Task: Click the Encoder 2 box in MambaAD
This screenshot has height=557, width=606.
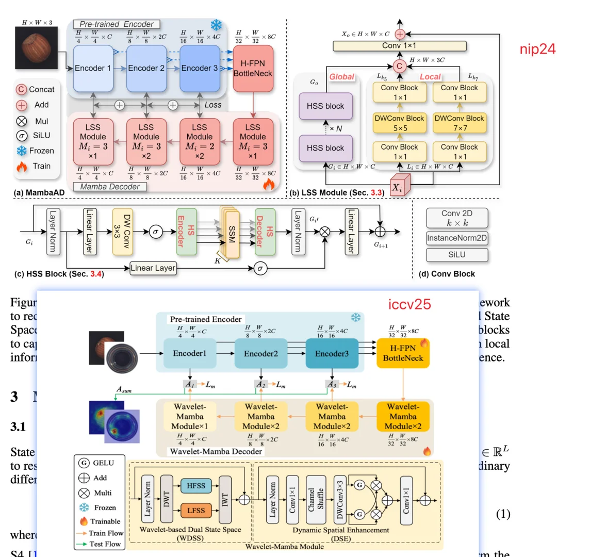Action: pos(146,68)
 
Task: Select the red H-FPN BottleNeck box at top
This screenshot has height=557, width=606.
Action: pos(253,68)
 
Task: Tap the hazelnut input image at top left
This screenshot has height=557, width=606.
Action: pos(37,47)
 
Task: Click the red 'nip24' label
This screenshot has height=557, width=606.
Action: pos(537,49)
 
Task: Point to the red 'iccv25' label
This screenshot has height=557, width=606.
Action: pos(409,304)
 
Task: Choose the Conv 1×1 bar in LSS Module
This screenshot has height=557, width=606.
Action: pos(399,46)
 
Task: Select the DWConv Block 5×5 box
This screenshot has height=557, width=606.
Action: pos(399,123)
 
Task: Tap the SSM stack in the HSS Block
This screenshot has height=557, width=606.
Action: pos(231,233)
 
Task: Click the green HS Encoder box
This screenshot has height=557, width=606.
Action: pos(186,232)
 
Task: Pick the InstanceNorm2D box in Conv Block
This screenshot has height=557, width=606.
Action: pos(456,238)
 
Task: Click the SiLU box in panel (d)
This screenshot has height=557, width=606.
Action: pos(456,255)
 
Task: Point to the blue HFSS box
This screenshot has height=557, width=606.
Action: pos(195,485)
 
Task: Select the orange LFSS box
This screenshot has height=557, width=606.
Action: pos(195,510)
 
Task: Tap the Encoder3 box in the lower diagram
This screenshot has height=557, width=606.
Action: pos(332,354)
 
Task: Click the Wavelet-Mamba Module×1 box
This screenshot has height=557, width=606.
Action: pos(190,417)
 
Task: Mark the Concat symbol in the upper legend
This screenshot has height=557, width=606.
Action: pos(21,90)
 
